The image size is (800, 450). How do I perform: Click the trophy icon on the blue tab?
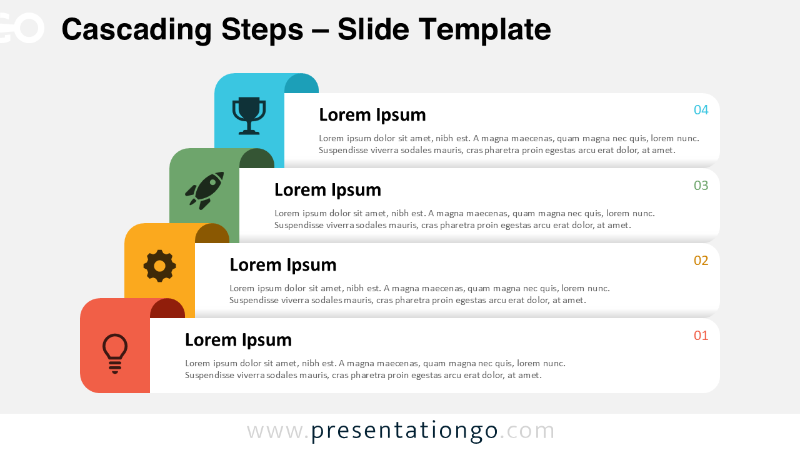tap(249, 115)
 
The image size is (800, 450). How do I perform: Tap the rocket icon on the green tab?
tap(204, 190)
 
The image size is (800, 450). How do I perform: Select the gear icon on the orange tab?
tap(159, 266)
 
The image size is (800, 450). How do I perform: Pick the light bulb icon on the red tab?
tap(115, 353)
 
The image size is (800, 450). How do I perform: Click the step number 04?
tap(701, 111)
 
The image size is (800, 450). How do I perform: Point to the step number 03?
tap(701, 186)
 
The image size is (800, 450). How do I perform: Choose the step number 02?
tap(701, 261)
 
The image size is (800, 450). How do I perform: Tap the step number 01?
tap(701, 336)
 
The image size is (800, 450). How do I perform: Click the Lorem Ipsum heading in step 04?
tap(372, 115)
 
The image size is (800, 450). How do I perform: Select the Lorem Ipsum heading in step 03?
tap(327, 190)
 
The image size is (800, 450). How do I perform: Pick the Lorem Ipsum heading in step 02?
tap(282, 265)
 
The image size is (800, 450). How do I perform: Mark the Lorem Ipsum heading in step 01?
tap(238, 340)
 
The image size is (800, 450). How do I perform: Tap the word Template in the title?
tap(484, 29)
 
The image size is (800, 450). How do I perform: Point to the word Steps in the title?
tap(262, 29)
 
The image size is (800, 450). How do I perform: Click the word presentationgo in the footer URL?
tap(404, 431)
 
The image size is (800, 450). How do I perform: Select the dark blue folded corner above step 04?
tap(302, 84)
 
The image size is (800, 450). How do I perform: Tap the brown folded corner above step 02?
tap(212, 234)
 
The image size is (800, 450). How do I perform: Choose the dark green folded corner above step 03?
tap(257, 159)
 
